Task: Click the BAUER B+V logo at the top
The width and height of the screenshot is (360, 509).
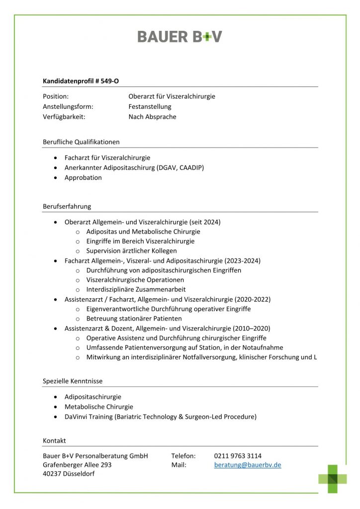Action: point(180,36)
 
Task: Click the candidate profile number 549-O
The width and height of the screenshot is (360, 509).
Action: point(109,81)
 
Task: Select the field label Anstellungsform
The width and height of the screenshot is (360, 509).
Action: point(68,106)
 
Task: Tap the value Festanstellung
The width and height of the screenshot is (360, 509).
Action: point(150,106)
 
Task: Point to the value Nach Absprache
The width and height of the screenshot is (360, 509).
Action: point(152,117)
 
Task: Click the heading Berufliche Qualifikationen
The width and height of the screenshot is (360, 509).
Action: point(81,142)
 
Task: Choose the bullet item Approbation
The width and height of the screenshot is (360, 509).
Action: point(83,177)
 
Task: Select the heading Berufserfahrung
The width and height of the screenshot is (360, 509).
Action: point(67,206)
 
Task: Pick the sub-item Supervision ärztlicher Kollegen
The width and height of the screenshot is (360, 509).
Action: point(131,251)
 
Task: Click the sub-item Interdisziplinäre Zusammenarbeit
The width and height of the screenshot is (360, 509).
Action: point(136,289)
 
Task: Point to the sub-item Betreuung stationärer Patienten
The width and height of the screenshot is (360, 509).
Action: point(134,319)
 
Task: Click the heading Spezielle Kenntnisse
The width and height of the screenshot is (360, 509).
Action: point(73,381)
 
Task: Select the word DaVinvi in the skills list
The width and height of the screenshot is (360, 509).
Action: point(76,417)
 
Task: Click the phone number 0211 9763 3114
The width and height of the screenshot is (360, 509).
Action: point(238,456)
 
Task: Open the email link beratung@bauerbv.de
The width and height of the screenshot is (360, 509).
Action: point(248,465)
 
